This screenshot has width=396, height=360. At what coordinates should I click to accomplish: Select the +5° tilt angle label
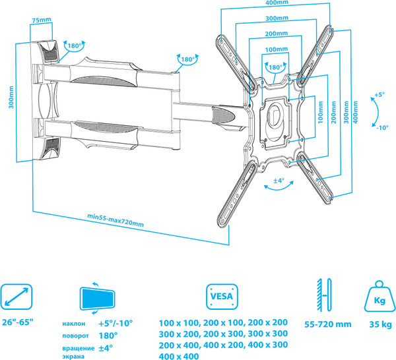point(379,95)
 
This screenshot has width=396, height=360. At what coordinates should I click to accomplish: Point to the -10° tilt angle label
point(381,127)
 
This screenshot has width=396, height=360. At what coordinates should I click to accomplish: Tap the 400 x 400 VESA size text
point(179,356)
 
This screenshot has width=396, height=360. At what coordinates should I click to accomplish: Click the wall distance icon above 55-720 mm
point(324,294)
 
